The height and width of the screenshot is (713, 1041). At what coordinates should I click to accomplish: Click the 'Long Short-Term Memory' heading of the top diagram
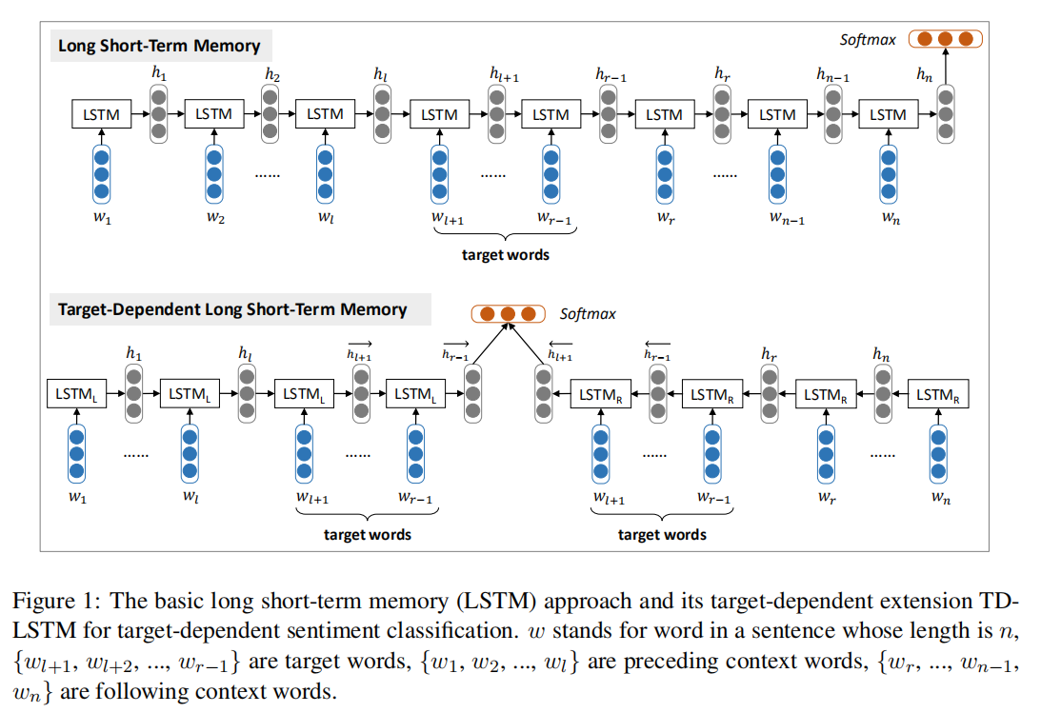click(159, 46)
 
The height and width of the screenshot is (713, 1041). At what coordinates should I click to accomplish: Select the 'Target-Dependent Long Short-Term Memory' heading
click(232, 309)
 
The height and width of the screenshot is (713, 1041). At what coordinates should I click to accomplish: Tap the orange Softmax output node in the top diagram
click(945, 39)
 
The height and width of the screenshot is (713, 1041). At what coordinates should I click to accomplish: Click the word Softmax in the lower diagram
click(588, 313)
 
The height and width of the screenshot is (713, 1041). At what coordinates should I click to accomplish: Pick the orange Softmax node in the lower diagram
click(508, 313)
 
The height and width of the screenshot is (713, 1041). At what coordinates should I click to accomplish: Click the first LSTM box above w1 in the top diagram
click(102, 114)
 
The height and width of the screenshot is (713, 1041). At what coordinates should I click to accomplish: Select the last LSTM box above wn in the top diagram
click(889, 114)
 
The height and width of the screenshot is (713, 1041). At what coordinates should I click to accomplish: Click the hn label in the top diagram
click(923, 76)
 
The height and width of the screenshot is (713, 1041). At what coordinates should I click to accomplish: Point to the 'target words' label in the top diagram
click(505, 255)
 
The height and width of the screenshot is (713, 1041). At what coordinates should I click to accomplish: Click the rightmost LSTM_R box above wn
click(938, 393)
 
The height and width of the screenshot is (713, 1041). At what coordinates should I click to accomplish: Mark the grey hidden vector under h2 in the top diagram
click(270, 113)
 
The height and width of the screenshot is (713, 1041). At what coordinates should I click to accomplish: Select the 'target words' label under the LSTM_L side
click(368, 534)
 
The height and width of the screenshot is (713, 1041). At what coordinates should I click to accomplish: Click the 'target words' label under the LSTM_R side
click(662, 534)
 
